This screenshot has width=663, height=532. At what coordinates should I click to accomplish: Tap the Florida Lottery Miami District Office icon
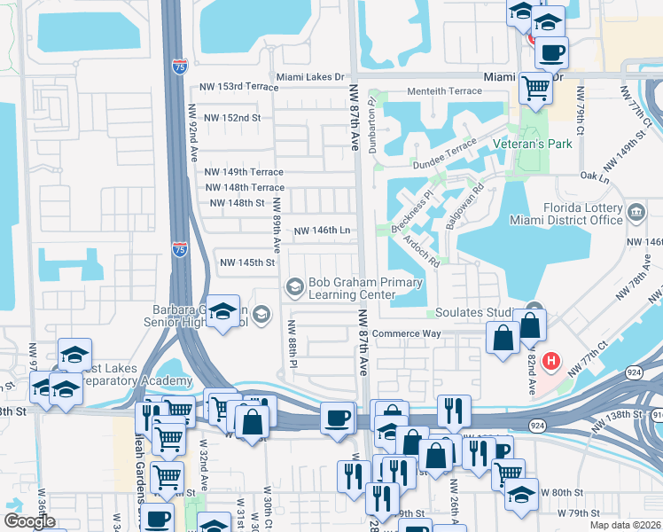pos(636,213)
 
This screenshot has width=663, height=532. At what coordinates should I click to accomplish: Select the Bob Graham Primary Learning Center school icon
pos(294,286)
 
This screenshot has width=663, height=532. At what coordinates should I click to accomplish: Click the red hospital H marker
pos(551,362)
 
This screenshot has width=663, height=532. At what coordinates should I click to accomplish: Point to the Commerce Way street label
pos(406,334)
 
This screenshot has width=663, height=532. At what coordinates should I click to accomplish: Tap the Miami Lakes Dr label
pos(309,77)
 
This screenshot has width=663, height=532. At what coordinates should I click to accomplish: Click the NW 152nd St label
pos(232,117)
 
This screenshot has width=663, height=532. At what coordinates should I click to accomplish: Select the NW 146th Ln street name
pos(322,230)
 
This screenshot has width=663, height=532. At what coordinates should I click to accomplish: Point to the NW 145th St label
pos(247,262)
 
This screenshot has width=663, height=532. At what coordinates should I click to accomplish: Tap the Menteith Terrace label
pos(444,91)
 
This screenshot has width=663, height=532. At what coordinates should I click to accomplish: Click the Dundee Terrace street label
pos(444,159)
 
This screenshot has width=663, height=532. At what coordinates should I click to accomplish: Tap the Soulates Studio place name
pos(475,313)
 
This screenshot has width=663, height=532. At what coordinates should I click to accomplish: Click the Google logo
pos(29,521)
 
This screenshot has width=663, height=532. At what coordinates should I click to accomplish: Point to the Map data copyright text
pos(626,525)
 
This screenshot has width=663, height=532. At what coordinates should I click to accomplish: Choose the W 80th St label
pos(562,492)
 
